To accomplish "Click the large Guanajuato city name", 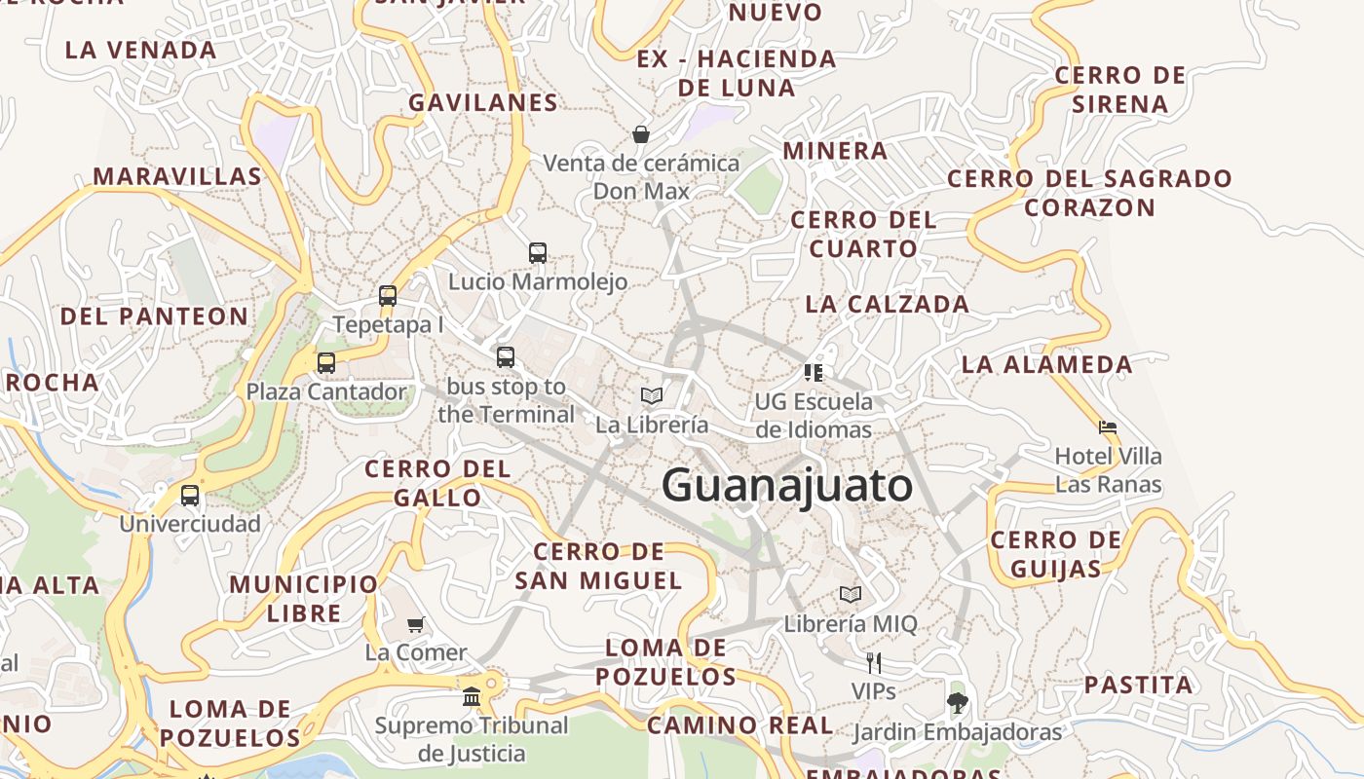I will [787, 486].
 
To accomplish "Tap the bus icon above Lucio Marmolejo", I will [538, 253].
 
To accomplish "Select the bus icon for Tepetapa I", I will [388, 296].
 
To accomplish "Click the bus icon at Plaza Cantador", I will [326, 363].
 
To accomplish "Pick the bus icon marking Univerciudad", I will [190, 496].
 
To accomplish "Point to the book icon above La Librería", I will [652, 396].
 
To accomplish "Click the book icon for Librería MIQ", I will [851, 594].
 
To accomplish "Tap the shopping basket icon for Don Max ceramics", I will [641, 134].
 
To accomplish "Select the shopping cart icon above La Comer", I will [416, 624].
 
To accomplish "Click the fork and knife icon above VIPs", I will [874, 663].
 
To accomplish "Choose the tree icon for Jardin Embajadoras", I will [958, 702].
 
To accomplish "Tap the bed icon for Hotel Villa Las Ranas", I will [1108, 427].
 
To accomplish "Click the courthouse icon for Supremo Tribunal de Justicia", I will [473, 696].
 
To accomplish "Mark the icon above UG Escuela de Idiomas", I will [814, 372].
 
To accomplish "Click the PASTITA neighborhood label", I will [1138, 685].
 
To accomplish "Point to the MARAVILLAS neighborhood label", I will [177, 176].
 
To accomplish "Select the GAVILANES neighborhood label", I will [483, 102].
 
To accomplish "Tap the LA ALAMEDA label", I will [1047, 364].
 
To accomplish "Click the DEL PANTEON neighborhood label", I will [155, 316].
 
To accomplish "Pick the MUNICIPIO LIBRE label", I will [304, 599].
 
